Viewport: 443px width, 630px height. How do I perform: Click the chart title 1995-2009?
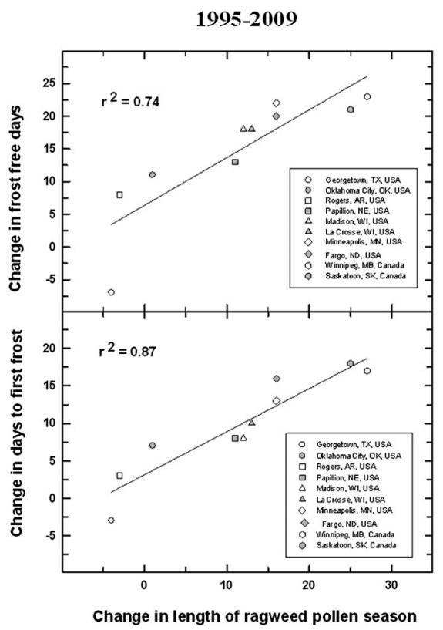pos(247,19)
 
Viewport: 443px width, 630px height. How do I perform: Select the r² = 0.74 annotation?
pos(130,100)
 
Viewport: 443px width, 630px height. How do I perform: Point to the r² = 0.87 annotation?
pos(128,351)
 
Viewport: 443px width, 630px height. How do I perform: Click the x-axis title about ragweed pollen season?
pos(255,616)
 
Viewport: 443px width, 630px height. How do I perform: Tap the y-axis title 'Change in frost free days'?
pos(15,198)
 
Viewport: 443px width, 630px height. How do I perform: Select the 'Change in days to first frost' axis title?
pos(15,433)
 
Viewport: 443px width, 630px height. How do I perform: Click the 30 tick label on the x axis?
pos(391,585)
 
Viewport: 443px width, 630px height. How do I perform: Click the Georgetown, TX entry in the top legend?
pos(363,180)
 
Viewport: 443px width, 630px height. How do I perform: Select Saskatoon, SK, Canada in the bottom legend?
pos(356,545)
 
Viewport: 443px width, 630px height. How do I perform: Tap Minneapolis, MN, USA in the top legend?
pos(364,242)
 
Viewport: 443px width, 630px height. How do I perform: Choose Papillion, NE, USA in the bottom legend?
pos(347,478)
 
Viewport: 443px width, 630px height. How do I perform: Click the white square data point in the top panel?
pos(119,195)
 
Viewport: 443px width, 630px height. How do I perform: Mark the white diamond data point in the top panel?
pos(276,103)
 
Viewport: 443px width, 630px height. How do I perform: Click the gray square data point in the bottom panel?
pos(235,438)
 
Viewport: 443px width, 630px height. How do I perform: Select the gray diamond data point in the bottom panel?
pos(276,379)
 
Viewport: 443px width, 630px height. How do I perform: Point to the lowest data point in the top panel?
pos(111,292)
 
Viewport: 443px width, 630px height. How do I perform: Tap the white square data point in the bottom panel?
pos(119,476)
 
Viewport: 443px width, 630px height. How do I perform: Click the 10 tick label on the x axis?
pos(227,585)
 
